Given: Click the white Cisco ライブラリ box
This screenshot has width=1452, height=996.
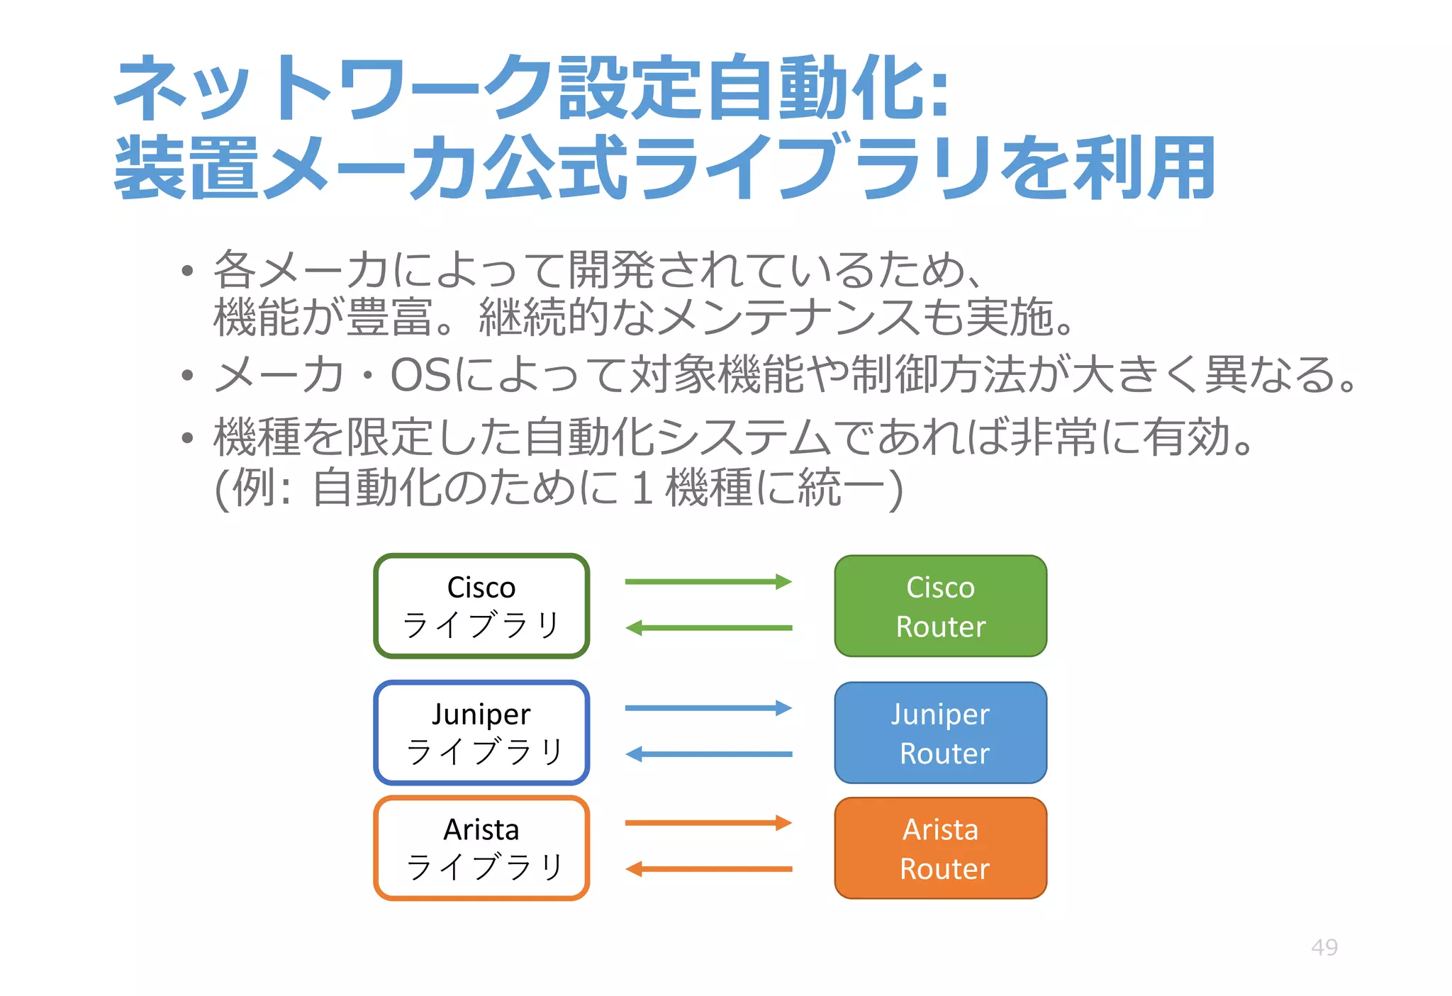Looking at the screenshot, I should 481,606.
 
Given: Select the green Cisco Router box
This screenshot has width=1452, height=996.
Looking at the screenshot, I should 940,606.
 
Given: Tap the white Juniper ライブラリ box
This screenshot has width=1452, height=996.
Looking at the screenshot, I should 481,732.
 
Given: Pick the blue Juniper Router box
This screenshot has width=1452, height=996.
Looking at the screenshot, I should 940,732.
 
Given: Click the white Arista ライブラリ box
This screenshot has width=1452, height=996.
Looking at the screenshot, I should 481,848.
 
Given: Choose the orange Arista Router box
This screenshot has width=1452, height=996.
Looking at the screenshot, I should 940,848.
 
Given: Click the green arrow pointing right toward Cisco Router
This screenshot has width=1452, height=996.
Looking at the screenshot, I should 708,582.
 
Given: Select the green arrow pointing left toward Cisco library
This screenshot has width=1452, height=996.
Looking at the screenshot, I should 708,628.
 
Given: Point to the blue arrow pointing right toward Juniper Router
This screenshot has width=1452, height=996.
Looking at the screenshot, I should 708,707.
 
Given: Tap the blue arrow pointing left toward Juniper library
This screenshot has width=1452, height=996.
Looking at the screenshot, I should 708,754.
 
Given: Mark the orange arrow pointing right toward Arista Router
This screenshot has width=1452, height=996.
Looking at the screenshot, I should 708,823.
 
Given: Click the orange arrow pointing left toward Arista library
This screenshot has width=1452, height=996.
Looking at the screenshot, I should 708,869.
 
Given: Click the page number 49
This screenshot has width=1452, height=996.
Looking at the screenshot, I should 1324,947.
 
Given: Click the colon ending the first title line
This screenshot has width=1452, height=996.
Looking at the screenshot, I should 939,96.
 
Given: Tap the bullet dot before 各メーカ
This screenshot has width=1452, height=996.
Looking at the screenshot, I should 187,271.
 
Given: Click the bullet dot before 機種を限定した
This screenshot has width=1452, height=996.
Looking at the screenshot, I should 187,438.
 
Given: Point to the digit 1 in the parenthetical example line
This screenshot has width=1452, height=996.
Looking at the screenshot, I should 642,488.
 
